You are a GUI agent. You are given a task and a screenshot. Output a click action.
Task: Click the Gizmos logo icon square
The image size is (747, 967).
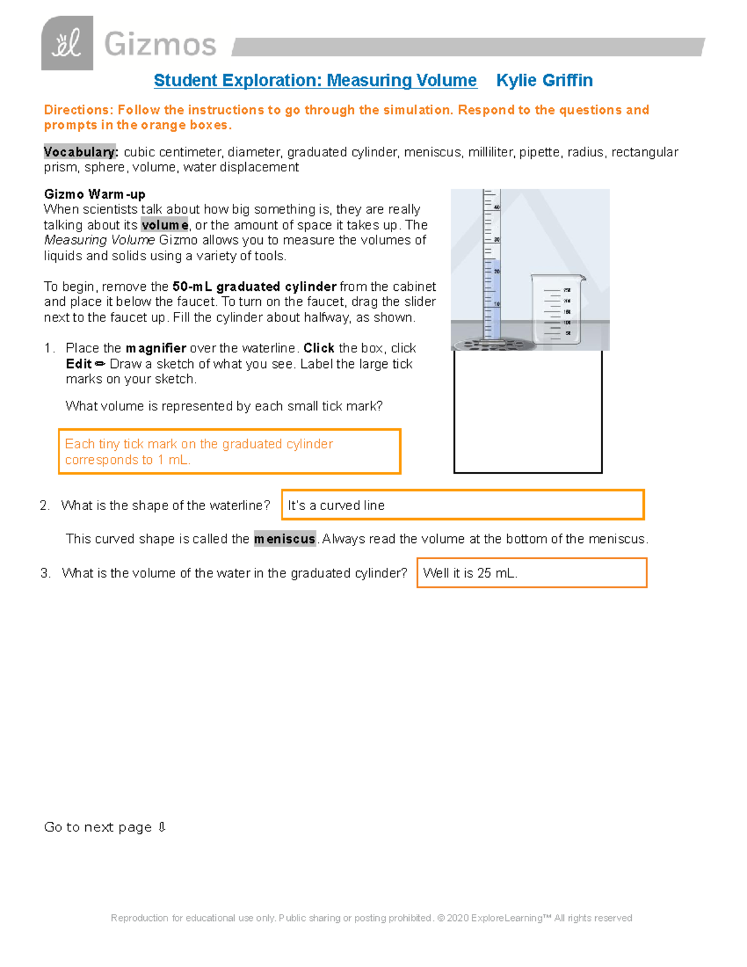tap(67, 44)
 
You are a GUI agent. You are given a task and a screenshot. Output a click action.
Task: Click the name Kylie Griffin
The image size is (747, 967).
tap(544, 80)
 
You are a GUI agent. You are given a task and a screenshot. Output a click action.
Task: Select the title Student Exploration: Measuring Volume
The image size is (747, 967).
tap(315, 80)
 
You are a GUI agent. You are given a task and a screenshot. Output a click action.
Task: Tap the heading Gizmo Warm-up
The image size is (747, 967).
tap(95, 194)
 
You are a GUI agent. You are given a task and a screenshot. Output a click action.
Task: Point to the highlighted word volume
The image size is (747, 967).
tap(164, 225)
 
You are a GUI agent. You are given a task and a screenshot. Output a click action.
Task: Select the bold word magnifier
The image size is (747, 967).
tap(156, 348)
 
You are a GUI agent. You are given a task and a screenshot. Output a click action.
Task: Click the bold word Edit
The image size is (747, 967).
tap(78, 364)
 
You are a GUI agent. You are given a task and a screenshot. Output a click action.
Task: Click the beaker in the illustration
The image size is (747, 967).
tap(556, 309)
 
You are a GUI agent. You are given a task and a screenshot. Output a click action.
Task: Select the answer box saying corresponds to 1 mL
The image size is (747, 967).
tap(229, 452)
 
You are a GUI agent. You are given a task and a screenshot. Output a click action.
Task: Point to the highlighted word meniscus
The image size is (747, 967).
tap(284, 539)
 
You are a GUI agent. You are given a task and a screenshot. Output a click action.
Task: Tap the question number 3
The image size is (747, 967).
tap(45, 573)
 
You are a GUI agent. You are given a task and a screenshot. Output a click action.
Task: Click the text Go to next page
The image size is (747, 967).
tap(98, 827)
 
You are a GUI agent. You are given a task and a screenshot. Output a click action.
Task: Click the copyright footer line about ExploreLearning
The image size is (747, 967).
tap(371, 918)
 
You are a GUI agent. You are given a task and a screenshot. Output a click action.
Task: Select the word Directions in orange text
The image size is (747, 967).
tap(77, 110)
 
